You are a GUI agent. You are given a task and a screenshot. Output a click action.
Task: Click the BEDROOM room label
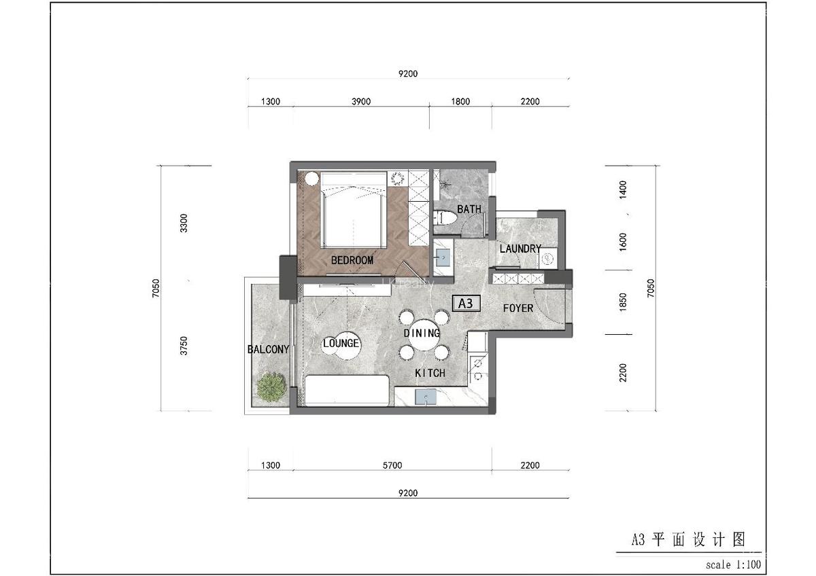352,260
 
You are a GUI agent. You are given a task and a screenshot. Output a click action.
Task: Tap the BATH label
469,209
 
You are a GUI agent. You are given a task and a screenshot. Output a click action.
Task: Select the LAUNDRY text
520,249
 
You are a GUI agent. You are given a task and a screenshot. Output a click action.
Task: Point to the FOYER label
518,308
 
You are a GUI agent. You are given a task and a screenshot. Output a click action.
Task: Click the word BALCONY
268,350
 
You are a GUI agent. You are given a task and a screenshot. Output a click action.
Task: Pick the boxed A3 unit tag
466,304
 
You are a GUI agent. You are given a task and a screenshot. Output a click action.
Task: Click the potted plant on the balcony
270,387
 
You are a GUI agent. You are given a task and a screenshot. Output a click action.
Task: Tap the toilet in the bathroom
443,219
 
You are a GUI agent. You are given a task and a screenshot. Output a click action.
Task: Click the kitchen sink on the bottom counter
428,396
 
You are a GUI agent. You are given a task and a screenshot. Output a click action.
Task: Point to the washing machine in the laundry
548,259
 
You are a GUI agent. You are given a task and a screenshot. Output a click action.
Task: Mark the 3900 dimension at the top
360,102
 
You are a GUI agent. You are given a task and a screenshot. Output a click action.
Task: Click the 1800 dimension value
460,102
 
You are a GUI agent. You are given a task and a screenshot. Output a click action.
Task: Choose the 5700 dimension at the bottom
392,465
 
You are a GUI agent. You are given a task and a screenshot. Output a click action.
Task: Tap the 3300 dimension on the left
183,223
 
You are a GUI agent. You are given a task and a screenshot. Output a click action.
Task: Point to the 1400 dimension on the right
624,188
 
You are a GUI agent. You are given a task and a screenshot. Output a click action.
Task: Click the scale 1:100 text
733,564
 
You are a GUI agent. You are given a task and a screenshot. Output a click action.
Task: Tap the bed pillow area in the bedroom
354,181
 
